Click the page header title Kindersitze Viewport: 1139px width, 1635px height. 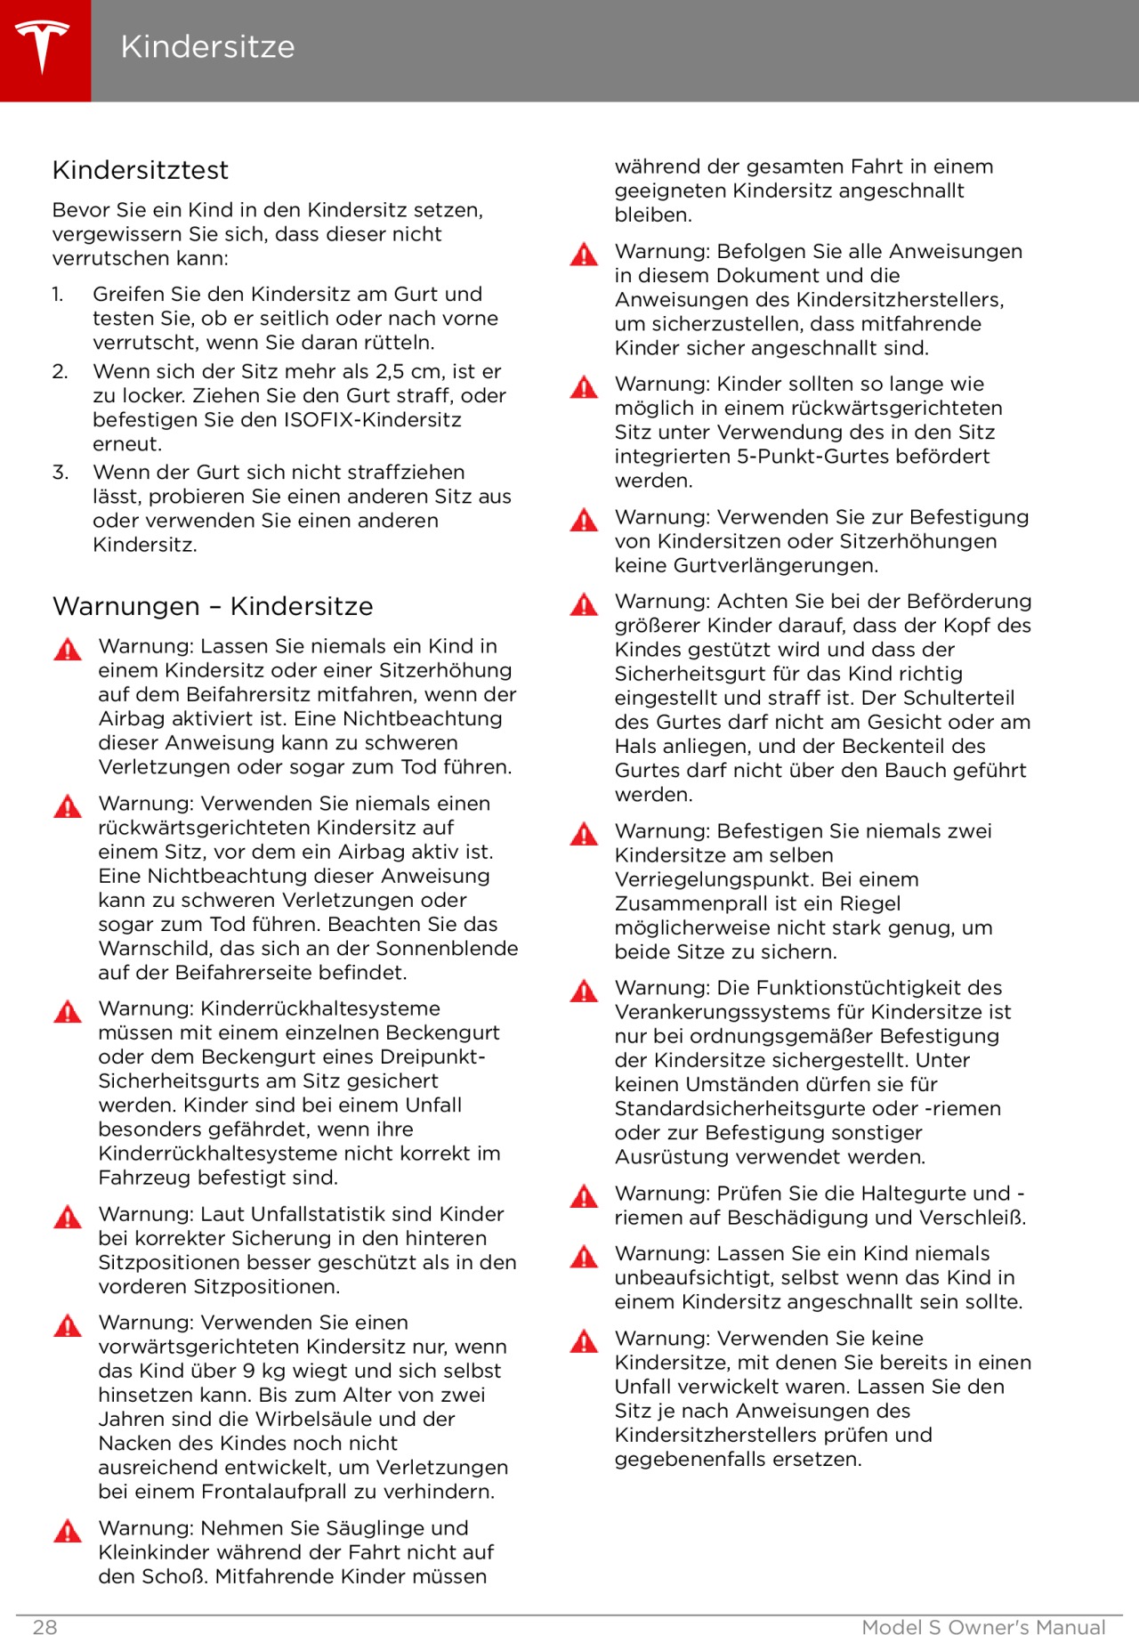[x=207, y=47]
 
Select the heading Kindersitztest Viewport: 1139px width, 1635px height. [x=141, y=170]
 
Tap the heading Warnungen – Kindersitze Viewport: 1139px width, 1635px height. [x=213, y=606]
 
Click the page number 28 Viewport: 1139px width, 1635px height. [x=44, y=1627]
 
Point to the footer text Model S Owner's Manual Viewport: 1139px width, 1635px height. [x=983, y=1627]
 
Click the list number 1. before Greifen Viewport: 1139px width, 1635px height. [x=58, y=295]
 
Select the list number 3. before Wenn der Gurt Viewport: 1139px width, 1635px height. [x=60, y=473]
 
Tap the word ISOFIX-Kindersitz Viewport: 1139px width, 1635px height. [x=372, y=420]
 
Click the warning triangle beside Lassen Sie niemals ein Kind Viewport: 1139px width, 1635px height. [x=68, y=649]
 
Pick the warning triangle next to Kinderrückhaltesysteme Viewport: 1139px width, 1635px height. [x=68, y=1012]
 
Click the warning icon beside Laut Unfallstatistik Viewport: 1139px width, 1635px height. [x=68, y=1218]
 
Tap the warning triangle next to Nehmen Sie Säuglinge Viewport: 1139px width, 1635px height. [x=68, y=1531]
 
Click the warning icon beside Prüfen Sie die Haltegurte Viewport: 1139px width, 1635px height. [x=584, y=1196]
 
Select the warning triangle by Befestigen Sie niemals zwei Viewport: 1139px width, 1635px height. [x=584, y=834]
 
